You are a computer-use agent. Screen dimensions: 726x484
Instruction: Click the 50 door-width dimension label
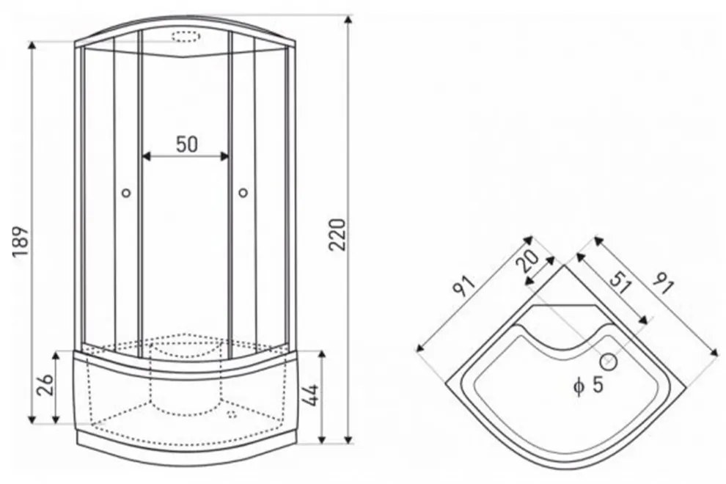point(187,144)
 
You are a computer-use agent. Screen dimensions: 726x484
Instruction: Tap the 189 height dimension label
point(21,242)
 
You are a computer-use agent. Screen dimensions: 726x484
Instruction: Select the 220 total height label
point(337,235)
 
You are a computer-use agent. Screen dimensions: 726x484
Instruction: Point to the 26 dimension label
point(45,384)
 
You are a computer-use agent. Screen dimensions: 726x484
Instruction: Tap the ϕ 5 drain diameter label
point(588,385)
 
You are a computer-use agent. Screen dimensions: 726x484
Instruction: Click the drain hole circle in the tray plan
point(609,362)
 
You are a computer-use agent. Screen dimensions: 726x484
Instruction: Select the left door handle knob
point(126,193)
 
